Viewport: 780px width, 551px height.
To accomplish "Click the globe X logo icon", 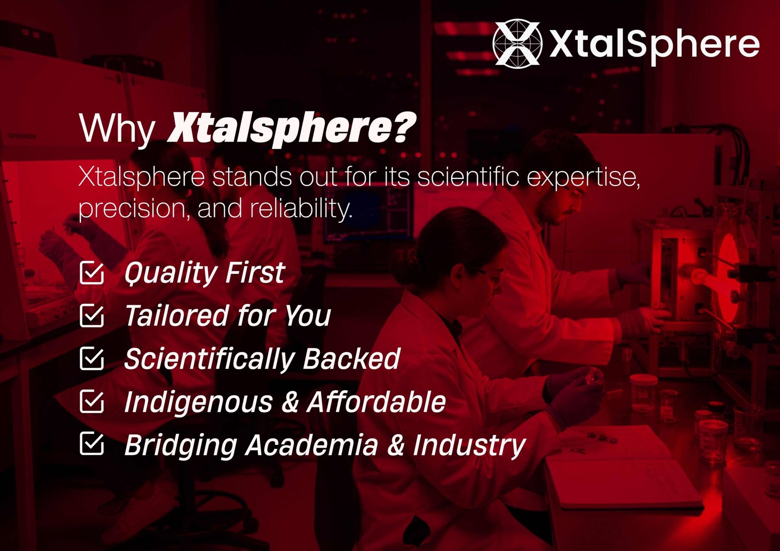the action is click(x=517, y=42).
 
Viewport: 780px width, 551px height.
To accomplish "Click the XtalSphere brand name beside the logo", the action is click(x=654, y=45).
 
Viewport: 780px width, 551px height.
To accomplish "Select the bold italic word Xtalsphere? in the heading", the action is click(x=292, y=129).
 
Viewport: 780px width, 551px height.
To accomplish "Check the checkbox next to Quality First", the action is click(x=92, y=273).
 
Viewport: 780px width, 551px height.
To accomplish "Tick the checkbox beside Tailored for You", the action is click(x=92, y=316).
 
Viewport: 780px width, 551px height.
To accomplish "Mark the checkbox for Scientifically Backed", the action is click(x=92, y=359).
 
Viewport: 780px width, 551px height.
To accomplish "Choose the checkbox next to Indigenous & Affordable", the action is click(x=92, y=401).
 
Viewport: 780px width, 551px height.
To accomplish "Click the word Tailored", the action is click(x=176, y=315).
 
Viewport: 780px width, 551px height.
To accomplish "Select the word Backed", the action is click(x=351, y=359).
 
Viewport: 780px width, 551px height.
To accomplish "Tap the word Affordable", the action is click(x=376, y=401).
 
